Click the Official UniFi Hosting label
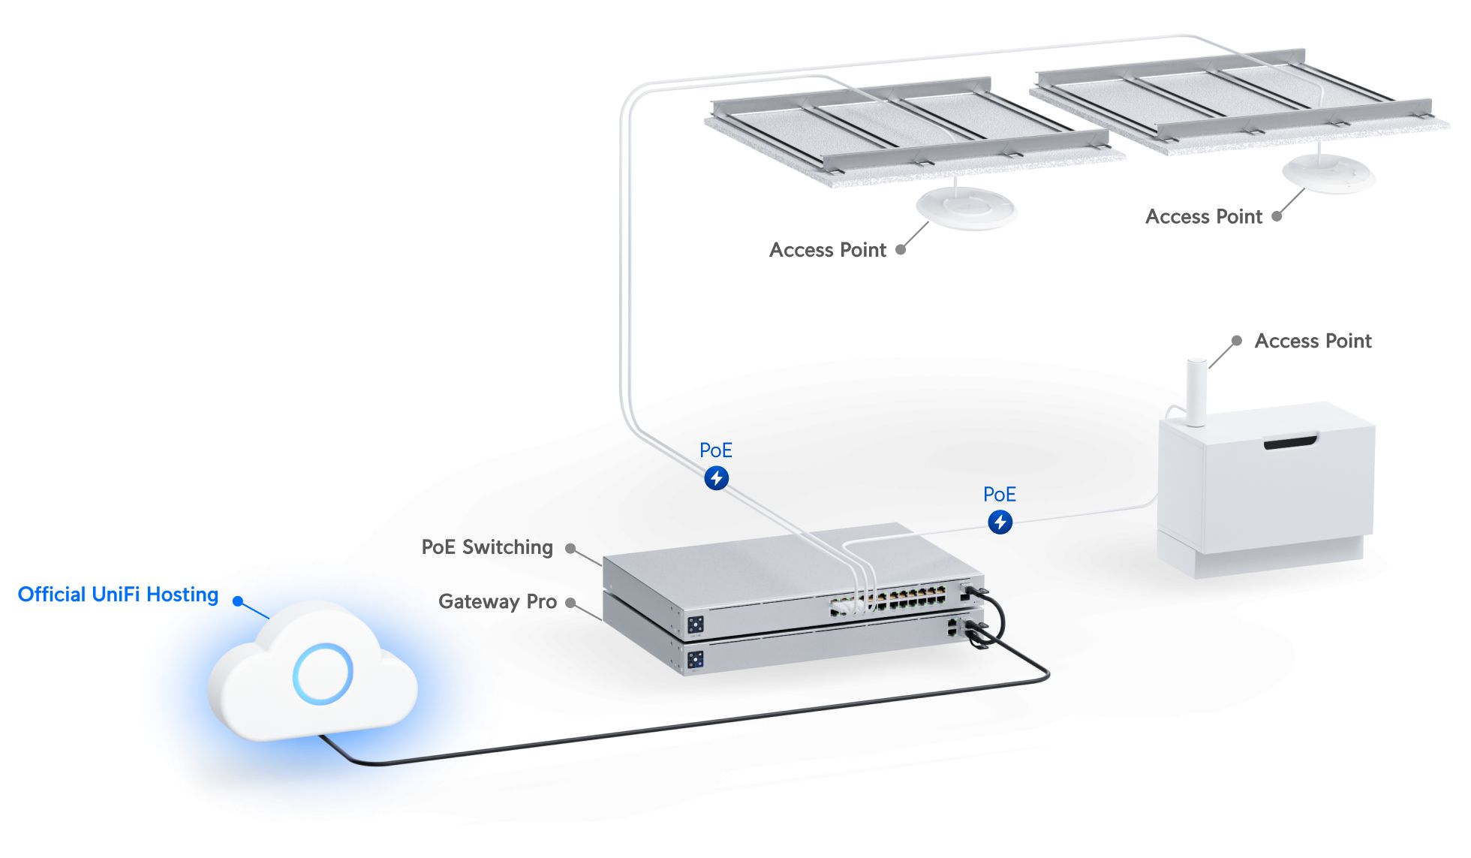coord(118,595)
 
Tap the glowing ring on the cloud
coord(323,673)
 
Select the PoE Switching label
coord(487,547)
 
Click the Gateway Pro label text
coord(497,602)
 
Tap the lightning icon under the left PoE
coord(716,478)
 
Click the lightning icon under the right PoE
coord(1000,522)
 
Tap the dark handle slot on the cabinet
coord(1290,442)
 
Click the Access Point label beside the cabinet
coord(1313,342)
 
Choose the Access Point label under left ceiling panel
coord(827,250)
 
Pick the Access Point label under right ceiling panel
coord(1203,217)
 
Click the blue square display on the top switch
coord(696,625)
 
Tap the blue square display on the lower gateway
coord(696,660)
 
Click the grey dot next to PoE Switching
coord(570,549)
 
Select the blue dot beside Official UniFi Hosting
coord(238,601)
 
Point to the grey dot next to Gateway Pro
coord(570,603)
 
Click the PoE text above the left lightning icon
coord(715,450)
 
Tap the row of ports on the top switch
coord(893,600)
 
